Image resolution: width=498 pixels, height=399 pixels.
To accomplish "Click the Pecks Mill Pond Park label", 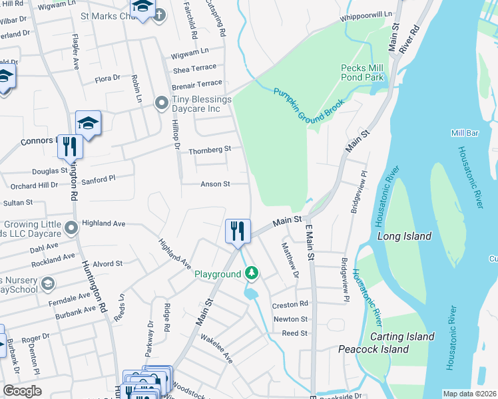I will click(362, 72).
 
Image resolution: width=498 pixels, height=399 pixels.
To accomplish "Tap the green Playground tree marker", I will click(252, 273).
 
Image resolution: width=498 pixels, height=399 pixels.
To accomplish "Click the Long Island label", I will click(403, 236).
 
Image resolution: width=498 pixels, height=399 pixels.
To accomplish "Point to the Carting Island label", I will click(401, 336).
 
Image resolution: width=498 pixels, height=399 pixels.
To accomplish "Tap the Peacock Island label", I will click(373, 349).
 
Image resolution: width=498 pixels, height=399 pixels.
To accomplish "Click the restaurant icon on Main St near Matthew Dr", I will click(238, 231).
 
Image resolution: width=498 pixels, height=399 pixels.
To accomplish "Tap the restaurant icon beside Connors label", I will click(70, 146).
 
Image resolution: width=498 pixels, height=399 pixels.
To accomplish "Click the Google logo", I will click(22, 391).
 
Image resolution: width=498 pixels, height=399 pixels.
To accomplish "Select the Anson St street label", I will click(215, 184).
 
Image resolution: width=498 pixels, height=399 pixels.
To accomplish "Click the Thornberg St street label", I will click(209, 150).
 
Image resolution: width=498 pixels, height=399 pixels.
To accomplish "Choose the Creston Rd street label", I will click(290, 305).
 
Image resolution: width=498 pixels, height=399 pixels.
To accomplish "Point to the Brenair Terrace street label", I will click(196, 83).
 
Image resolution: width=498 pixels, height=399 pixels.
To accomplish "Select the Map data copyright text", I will click(469, 394).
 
